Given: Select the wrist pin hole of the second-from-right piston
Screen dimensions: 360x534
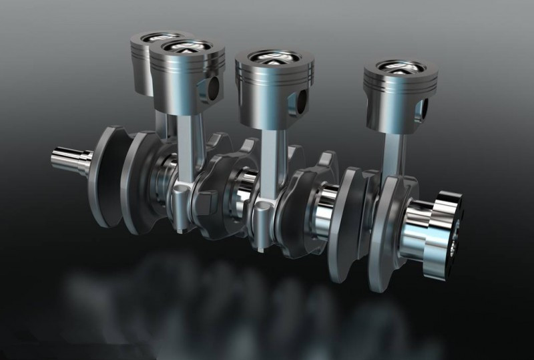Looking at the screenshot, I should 301,99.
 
